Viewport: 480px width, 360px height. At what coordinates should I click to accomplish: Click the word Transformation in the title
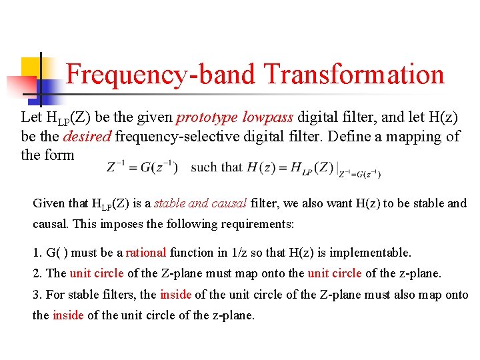(x=354, y=75)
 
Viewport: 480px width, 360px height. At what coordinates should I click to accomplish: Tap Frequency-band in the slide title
(x=160, y=75)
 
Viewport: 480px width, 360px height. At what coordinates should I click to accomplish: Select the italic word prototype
(x=207, y=117)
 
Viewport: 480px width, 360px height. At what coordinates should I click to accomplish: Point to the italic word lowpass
(x=267, y=117)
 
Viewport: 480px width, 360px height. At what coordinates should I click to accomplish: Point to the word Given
(x=49, y=203)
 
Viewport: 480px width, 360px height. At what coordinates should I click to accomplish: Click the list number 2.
(x=37, y=273)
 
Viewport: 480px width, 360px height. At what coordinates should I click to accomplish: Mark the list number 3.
(x=37, y=295)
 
